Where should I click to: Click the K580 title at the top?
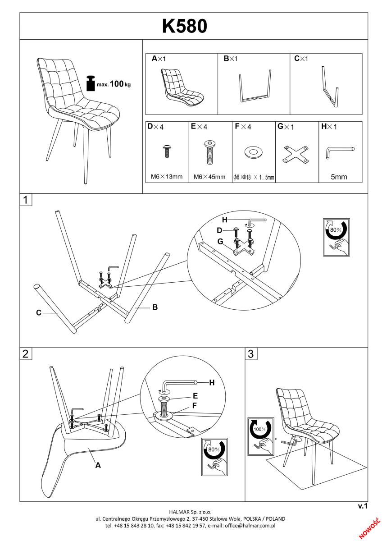click(x=185, y=26)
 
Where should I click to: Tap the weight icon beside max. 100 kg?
click(x=91, y=83)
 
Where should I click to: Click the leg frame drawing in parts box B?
click(x=255, y=86)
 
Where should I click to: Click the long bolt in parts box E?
click(x=210, y=152)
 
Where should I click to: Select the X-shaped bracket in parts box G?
click(x=296, y=154)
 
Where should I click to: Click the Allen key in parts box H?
click(x=340, y=152)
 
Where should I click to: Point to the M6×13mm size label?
click(x=167, y=177)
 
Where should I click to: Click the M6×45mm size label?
click(x=209, y=177)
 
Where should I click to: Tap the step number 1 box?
click(x=26, y=200)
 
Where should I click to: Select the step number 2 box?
click(x=26, y=354)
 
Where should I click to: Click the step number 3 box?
click(x=251, y=354)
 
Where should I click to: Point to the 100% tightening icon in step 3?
click(x=261, y=437)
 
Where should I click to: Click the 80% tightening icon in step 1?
click(x=337, y=237)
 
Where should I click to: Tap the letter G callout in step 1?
click(x=220, y=242)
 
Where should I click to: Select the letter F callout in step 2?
click(x=195, y=405)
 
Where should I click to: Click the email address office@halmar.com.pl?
click(x=250, y=526)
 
